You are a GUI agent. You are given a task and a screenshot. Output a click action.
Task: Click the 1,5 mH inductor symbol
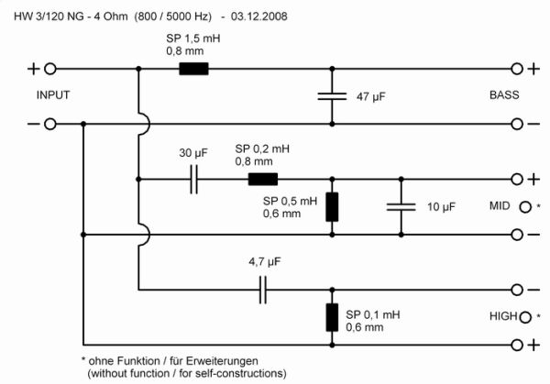[193, 68]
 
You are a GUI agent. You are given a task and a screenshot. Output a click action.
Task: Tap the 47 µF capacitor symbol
[332, 95]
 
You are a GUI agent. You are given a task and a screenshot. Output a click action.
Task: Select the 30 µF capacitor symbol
[194, 180]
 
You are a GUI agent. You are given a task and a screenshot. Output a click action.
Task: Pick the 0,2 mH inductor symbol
[262, 180]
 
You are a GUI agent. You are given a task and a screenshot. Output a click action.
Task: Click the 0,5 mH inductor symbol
[332, 206]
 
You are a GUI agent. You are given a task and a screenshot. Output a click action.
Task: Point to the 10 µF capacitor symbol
[396, 207]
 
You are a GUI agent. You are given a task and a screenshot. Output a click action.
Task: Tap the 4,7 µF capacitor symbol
[263, 291]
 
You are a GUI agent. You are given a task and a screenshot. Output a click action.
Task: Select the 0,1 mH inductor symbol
[332, 316]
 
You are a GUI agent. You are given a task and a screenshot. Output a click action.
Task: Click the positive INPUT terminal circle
[51, 68]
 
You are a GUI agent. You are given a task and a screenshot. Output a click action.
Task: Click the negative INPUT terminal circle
[51, 124]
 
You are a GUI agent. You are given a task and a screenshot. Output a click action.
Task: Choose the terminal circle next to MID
[526, 206]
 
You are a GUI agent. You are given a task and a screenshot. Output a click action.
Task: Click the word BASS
[503, 95]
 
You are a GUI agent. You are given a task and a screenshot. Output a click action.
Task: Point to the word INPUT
[53, 95]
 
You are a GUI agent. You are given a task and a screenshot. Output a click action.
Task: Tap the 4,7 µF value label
[263, 261]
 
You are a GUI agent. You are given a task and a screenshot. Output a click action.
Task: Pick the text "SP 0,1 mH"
[374, 313]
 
